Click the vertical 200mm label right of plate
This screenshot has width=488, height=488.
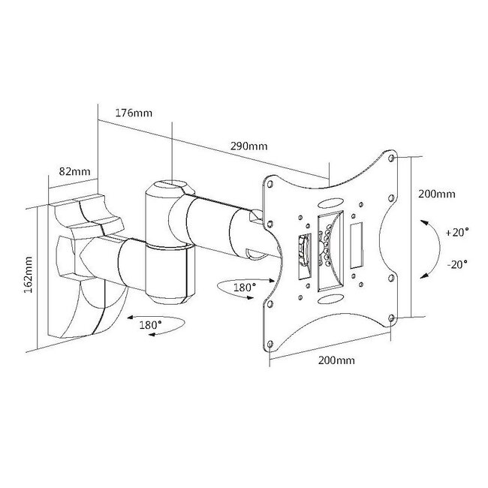point(436,194)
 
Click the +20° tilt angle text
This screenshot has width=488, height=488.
point(454,233)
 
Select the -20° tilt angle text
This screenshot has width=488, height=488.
point(455,264)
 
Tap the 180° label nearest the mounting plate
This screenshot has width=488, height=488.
point(245,287)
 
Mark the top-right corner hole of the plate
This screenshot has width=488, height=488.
point(392,158)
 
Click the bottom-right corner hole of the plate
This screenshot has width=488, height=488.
point(392,321)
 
